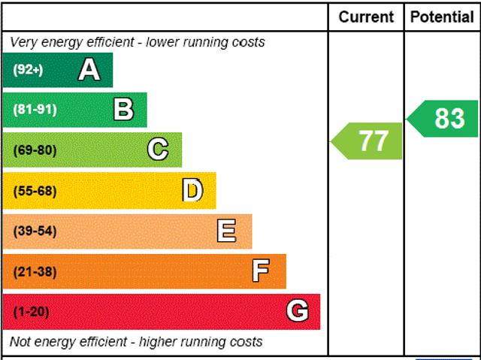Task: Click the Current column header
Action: (x=366, y=17)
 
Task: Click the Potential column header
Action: (x=442, y=17)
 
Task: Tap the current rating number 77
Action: (x=373, y=141)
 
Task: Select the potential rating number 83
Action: (x=449, y=118)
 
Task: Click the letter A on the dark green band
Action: (x=89, y=70)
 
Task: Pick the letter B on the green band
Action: (x=123, y=110)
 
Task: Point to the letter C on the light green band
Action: (x=158, y=150)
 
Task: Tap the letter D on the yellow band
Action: (x=192, y=191)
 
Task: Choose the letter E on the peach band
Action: (x=226, y=231)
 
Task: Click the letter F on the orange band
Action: (x=261, y=271)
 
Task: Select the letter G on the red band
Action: (x=297, y=311)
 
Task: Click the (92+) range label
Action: (x=28, y=70)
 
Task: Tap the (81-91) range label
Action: (x=35, y=110)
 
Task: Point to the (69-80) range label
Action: (x=35, y=150)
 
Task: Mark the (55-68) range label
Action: (x=35, y=191)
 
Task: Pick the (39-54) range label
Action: (x=35, y=231)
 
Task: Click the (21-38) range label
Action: (x=35, y=271)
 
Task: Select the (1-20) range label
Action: (x=31, y=312)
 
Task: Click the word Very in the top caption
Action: (x=24, y=42)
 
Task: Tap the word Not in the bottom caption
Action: (x=21, y=342)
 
